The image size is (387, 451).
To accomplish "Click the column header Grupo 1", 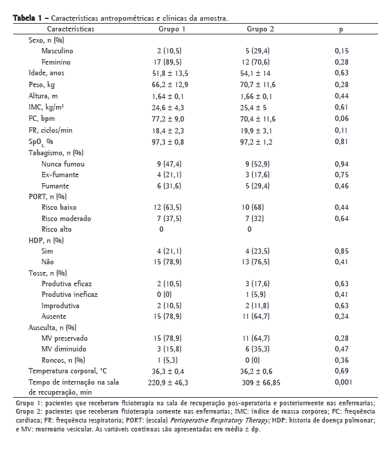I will click(x=172, y=28).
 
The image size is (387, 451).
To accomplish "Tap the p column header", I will click(x=341, y=28).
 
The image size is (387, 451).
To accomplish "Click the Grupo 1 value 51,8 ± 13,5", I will click(x=172, y=73).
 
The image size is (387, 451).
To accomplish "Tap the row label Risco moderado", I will click(x=66, y=219).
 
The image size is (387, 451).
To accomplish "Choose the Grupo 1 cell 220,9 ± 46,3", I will click(x=172, y=383).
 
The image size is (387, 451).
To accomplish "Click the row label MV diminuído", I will click(x=64, y=349).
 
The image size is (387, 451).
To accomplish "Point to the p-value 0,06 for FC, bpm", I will click(x=341, y=119).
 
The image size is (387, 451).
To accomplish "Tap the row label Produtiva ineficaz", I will click(x=69, y=295).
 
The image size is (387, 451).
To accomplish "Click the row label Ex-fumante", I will click(x=60, y=175).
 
